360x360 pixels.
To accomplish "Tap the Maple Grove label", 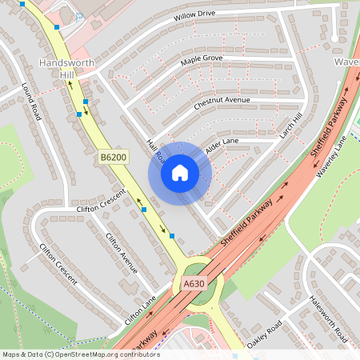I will pos(201,60).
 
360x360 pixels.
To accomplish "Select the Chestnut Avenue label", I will pos(222,102).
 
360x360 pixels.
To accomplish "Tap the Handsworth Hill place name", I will pos(66,68).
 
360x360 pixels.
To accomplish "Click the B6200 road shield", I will pos(114,158).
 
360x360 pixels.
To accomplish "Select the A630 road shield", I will pos(194,283).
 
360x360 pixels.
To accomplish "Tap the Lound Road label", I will pos(31,102).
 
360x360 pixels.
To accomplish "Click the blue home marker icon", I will pos(179,173).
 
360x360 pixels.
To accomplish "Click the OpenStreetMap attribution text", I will pos(80,354).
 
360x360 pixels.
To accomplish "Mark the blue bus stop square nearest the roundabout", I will pos(172,235).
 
